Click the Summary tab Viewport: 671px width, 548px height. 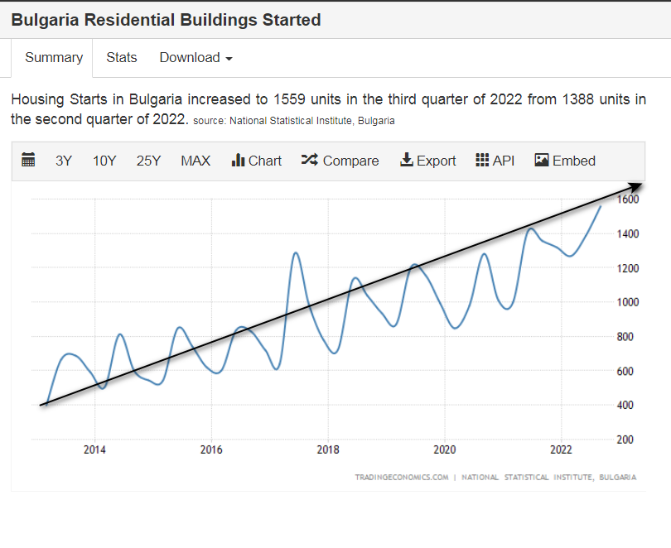pos(54,58)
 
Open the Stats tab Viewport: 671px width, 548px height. pos(122,58)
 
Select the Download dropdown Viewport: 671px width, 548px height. pos(196,58)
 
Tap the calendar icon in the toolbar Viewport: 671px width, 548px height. pos(28,161)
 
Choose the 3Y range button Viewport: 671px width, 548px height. pos(64,161)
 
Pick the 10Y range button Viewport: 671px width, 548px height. pos(104,161)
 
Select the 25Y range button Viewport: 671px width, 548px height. pos(148,161)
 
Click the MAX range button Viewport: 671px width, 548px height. pos(196,161)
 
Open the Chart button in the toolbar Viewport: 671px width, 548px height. pos(257,161)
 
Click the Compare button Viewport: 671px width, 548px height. pos(340,161)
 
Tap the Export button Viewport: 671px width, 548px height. pos(427,161)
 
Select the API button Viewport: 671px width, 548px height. pos(495,161)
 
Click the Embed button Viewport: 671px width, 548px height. pos(565,161)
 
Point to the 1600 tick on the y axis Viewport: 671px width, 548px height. pos(626,199)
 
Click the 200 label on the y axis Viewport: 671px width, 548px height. pos(626,440)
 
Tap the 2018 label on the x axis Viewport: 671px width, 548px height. pos(329,449)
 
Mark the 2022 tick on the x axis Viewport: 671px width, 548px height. pos(562,449)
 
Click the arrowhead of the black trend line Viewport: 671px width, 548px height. pos(635,185)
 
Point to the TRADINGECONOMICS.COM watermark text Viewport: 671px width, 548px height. pos(401,478)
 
